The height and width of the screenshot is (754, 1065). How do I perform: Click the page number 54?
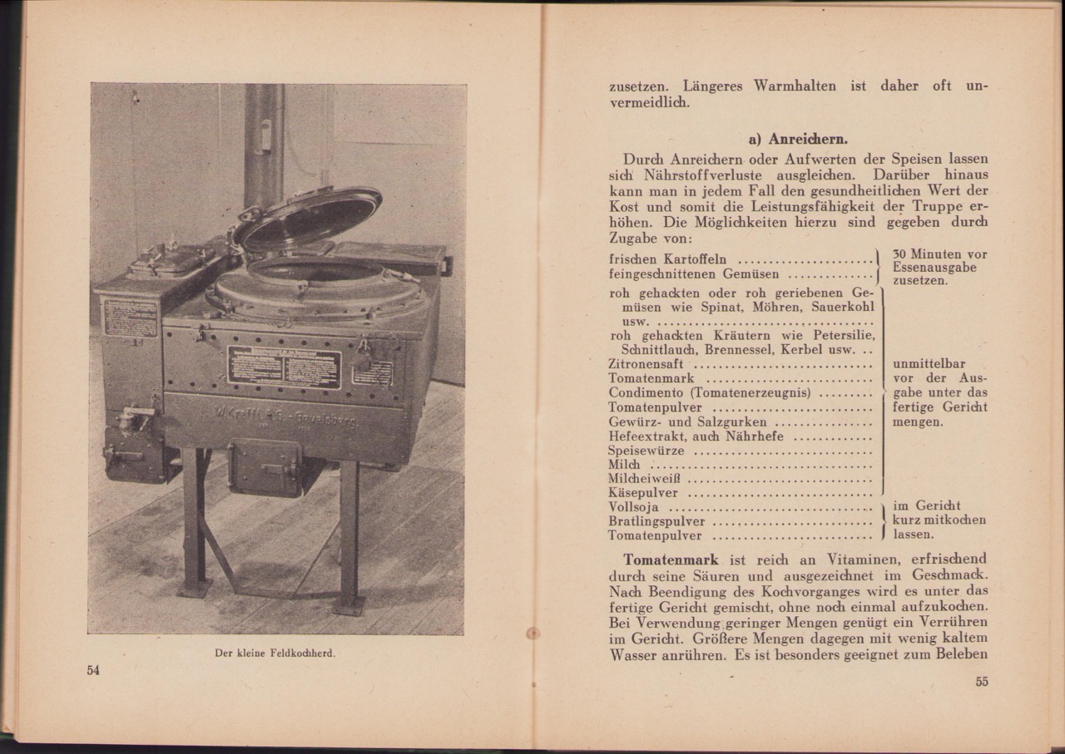tap(93, 670)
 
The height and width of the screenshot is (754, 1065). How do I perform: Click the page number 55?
tap(981, 683)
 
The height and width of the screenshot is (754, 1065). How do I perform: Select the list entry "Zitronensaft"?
tap(646, 363)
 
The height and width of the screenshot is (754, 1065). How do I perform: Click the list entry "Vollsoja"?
tap(637, 507)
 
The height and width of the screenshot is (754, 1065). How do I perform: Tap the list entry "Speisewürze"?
tap(646, 450)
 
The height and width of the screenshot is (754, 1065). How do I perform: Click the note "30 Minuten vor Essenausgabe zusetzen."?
tap(939, 267)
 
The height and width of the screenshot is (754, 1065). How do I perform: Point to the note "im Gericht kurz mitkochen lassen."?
tap(939, 520)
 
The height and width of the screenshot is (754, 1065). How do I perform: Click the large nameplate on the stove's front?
tap(284, 367)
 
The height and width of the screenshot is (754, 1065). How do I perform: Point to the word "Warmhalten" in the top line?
tap(795, 86)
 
